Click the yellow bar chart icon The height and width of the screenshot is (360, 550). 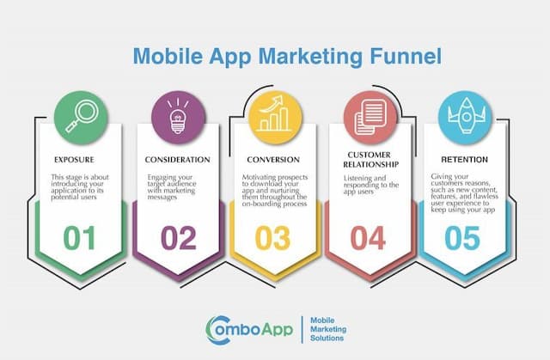tap(274, 116)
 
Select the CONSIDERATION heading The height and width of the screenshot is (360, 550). tap(176, 160)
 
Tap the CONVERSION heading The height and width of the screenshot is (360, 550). tap(274, 160)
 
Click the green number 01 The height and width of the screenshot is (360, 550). tap(79, 238)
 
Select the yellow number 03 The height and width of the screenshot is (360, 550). tap(274, 238)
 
